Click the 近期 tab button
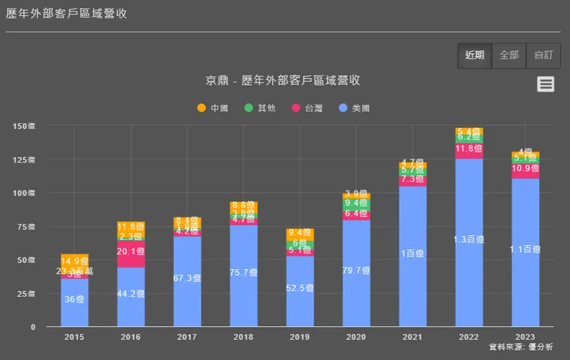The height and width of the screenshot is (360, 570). pos(474,56)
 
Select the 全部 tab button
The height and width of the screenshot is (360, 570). pos(509,56)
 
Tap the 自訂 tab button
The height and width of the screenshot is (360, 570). pos(543,56)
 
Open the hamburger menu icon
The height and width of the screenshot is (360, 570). pos(546,84)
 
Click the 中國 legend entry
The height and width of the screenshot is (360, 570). pos(213,108)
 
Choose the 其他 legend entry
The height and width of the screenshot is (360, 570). pos(260,108)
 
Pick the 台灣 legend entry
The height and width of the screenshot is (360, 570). pos(307,108)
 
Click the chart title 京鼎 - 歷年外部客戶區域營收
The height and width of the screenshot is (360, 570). pos(283,80)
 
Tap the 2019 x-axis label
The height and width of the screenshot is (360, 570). pos(300,337)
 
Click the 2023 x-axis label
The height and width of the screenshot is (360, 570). pos(525,337)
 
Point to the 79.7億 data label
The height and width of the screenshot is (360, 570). pos(356,269)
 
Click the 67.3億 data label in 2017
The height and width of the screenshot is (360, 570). pos(187,278)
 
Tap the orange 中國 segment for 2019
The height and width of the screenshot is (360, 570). pos(300,233)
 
